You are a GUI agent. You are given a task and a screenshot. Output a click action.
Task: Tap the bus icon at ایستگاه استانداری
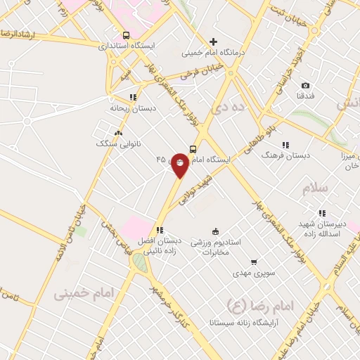[x=126, y=35]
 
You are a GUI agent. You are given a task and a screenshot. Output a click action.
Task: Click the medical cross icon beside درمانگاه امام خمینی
[x=214, y=41]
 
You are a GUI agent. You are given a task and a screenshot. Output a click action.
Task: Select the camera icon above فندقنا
[x=305, y=86]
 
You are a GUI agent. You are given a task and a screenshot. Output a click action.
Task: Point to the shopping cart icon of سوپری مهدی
[x=254, y=262]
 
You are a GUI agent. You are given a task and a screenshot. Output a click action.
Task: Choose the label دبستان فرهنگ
[x=285, y=155]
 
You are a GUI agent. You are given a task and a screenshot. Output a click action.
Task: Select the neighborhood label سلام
[x=316, y=188]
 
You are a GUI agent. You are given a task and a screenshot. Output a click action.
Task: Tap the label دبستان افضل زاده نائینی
[x=160, y=244]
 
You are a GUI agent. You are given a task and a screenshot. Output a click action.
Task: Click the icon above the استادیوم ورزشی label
[x=215, y=231]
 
